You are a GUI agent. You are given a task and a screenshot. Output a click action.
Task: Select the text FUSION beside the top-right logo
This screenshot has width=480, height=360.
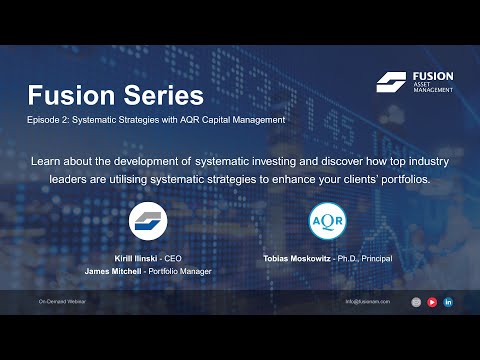pos(433,76)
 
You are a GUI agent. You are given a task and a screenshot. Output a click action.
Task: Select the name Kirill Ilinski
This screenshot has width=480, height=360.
pos(142,257)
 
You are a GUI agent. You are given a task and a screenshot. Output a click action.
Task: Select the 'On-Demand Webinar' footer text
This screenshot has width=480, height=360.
pos(62,301)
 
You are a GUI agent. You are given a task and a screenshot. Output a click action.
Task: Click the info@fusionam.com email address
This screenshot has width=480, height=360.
pos(366,301)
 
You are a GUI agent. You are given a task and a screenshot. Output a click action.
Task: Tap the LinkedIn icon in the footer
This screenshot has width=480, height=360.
pos(448,301)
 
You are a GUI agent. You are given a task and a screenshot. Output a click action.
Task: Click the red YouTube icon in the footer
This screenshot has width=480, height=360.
pos(432,301)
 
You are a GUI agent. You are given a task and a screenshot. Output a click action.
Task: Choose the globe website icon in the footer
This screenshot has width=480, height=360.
pos(416,301)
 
